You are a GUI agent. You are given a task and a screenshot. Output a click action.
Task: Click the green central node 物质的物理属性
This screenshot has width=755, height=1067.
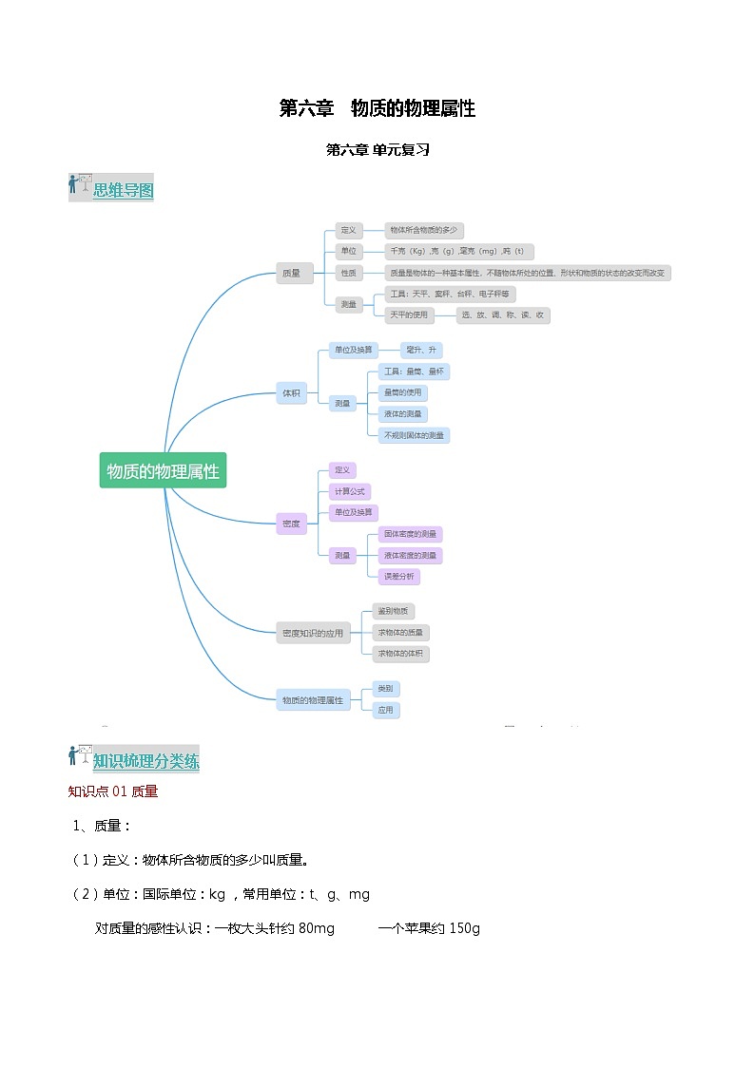coord(163,470)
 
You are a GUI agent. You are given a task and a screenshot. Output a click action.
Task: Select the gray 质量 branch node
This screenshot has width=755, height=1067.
coord(291,274)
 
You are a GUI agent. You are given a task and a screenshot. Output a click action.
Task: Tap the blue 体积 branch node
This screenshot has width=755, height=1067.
coord(291,392)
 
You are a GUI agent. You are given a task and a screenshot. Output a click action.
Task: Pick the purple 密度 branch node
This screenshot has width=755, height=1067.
coord(291,524)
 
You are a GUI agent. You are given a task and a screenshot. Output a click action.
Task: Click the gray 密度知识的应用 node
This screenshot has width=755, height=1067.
coord(313,633)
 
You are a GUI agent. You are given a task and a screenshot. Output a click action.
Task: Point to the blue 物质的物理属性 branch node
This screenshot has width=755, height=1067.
coord(313,700)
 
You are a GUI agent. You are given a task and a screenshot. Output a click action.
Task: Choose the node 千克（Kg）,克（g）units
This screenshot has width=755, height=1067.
coord(457,252)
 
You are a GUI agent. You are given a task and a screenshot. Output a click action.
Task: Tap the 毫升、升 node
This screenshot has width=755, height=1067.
coord(418,350)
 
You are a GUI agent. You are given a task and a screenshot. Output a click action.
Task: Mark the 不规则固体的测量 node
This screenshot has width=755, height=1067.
coord(413,435)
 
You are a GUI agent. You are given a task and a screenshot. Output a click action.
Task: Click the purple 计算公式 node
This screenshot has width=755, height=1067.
coord(349,491)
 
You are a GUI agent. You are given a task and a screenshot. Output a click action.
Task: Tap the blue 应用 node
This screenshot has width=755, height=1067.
coord(385,710)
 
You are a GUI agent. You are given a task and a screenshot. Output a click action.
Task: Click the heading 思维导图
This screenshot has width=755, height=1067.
coord(123,190)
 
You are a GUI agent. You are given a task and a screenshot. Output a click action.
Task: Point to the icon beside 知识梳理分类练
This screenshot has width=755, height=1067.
coord(80,756)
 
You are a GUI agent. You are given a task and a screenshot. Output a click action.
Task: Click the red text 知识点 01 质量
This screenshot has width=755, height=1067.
coord(113,791)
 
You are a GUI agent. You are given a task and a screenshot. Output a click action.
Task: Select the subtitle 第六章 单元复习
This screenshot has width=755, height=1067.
coord(377,149)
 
